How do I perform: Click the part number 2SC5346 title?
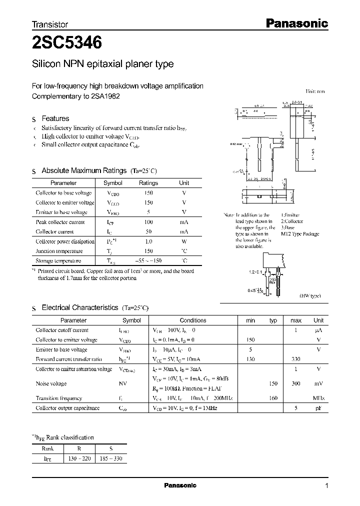pyautogui.click(x=66, y=43)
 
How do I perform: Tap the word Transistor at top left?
pyautogui.click(x=49, y=24)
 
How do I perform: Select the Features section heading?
pyautogui.click(x=55, y=118)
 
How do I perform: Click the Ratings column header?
pyautogui.click(x=148, y=183)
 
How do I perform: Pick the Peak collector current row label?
pyautogui.click(x=60, y=222)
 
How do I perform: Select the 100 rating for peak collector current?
pyautogui.click(x=148, y=222)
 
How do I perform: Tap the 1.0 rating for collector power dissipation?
pyautogui.click(x=148, y=241)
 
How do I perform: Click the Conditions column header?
pyautogui.click(x=192, y=320)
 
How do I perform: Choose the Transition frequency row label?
pyautogui.click(x=58, y=398)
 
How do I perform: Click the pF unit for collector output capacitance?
pyautogui.click(x=318, y=408)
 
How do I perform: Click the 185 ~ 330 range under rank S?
pyautogui.click(x=110, y=458)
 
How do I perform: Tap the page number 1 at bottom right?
pyautogui.click(x=326, y=485)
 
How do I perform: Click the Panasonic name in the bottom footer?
pyautogui.click(x=180, y=485)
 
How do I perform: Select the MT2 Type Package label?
pyautogui.click(x=299, y=234)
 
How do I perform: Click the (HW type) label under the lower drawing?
pyautogui.click(x=310, y=296)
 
